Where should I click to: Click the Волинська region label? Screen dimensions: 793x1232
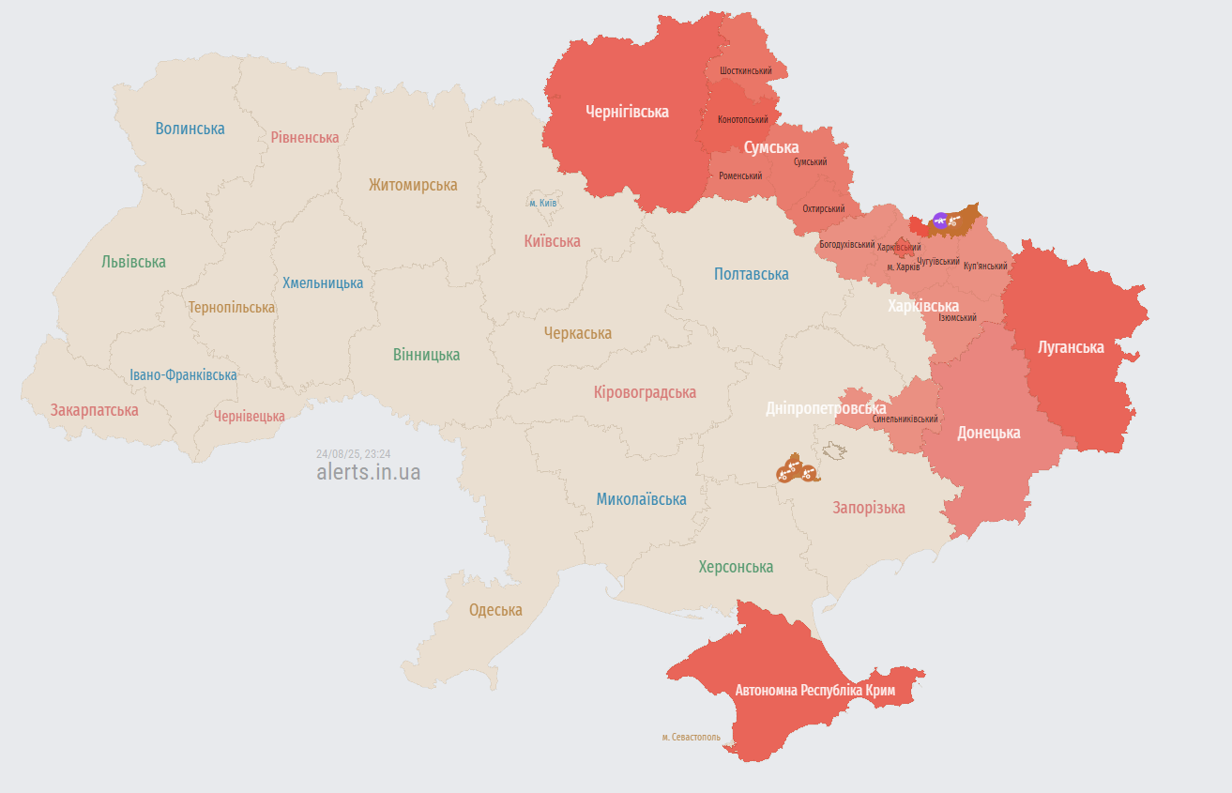pos(190,129)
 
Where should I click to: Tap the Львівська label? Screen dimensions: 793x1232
pos(133,262)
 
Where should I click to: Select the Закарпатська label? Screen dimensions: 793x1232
pos(94,410)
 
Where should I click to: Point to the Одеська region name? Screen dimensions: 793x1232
pos(495,610)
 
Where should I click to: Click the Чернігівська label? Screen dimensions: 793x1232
pos(627,112)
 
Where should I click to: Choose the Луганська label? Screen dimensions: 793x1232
pos(1071,347)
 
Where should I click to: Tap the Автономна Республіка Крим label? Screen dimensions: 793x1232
pos(814,691)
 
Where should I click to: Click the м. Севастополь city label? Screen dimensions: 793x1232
pos(691,737)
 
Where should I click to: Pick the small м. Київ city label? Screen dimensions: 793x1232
pos(543,203)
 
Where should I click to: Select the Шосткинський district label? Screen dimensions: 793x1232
pos(746,71)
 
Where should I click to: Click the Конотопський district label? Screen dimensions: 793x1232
pos(742,119)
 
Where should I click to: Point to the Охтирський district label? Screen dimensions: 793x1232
pos(823,208)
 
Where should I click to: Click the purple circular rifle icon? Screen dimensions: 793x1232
pos(940,221)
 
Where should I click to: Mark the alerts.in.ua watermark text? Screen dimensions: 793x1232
pos(368,472)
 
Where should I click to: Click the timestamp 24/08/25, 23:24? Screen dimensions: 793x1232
pos(353,453)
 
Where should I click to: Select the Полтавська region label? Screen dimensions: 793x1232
pos(751,274)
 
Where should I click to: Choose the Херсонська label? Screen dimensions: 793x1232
pos(736,567)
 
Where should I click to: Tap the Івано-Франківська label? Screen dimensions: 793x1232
pos(183,375)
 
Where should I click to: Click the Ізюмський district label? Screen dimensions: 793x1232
pos(957,317)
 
